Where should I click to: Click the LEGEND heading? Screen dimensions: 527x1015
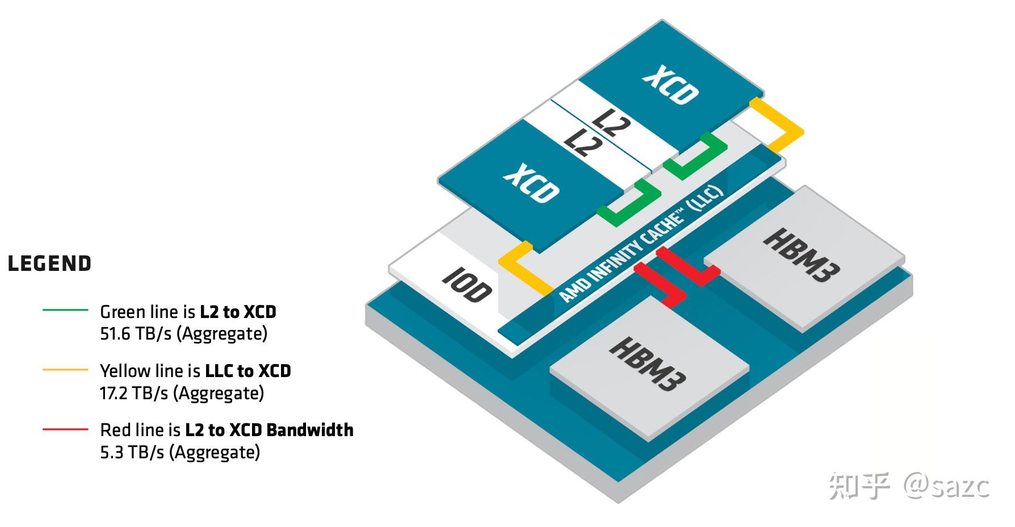click(x=49, y=264)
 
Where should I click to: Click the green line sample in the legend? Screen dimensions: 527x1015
click(x=65, y=310)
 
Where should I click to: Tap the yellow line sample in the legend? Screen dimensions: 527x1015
click(x=65, y=370)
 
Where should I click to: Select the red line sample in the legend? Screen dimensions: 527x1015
click(x=65, y=429)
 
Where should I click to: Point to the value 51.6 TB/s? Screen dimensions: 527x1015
click(x=136, y=334)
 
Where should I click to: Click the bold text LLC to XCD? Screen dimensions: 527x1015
click(x=248, y=371)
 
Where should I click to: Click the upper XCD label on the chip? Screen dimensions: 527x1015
click(x=670, y=85)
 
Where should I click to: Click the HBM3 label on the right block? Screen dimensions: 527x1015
click(x=800, y=255)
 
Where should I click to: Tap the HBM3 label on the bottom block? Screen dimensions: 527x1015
click(x=647, y=363)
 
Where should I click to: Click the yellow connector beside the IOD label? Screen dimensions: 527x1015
click(x=525, y=270)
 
